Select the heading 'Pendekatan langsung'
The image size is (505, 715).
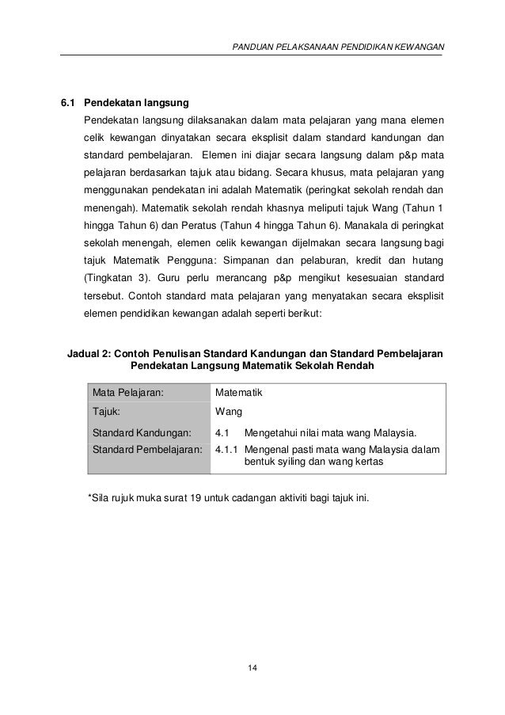point(131,103)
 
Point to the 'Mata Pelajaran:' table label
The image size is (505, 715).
point(127,393)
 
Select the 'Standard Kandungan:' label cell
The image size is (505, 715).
point(142,433)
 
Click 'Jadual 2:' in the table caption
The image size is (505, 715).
point(89,352)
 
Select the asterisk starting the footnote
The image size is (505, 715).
point(88,498)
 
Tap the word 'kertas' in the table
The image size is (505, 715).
point(370,462)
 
